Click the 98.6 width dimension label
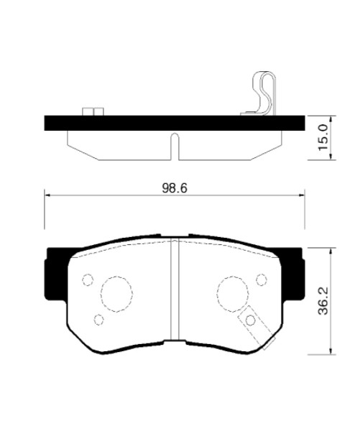pos(175,188)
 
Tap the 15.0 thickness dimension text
pos(323,137)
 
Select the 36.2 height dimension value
pos(323,301)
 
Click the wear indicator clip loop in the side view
pos(264,93)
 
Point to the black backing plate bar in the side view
pos(175,123)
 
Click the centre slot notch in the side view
pos(175,147)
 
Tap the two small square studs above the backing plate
pos(93,111)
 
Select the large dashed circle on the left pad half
pos(116,294)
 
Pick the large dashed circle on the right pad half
pos(233,294)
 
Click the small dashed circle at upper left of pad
pos(88,280)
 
